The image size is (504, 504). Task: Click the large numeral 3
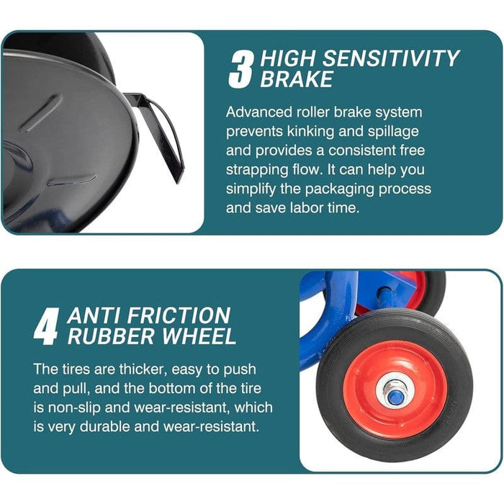[240, 71]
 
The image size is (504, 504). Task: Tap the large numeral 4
[47, 326]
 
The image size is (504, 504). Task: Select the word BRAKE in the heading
[297, 79]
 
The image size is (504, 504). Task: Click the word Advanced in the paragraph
[258, 112]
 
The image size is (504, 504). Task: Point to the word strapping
[257, 170]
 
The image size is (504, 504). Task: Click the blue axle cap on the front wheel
[395, 397]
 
